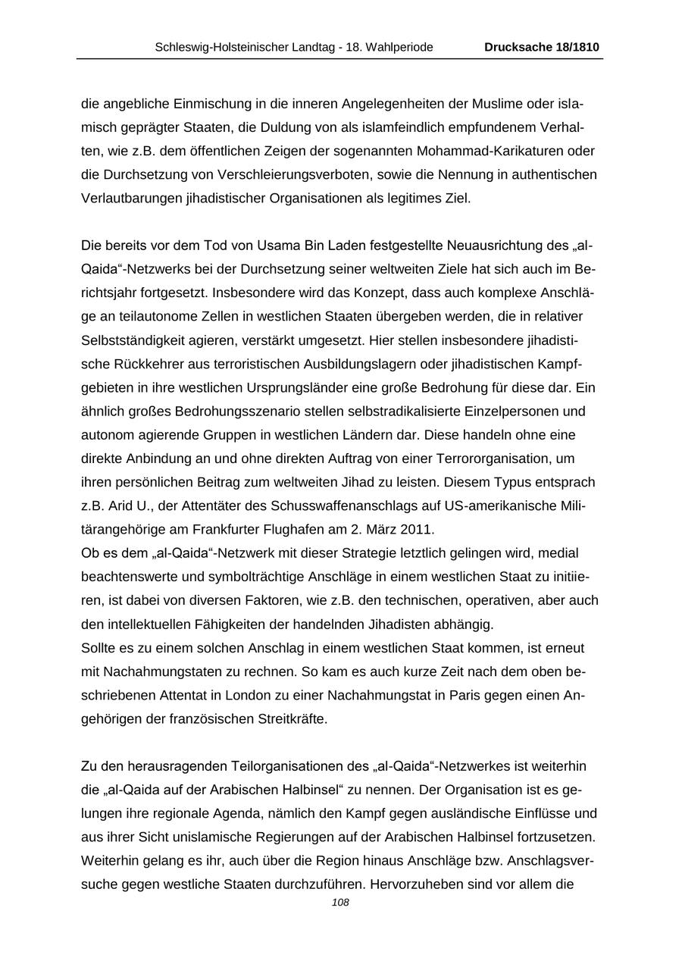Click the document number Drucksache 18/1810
pos(542,47)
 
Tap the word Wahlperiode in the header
pos(400,47)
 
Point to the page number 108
pos(341,903)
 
